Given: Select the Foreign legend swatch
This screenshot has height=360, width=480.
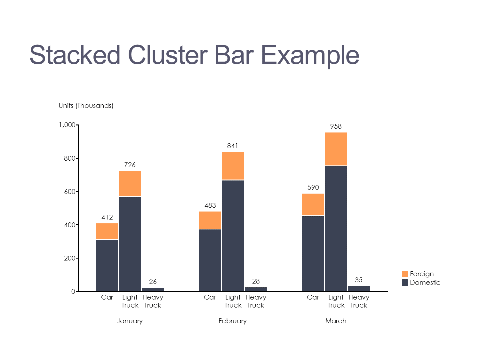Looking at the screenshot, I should pos(405,274).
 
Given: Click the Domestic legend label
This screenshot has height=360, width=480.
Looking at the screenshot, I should pos(425,283).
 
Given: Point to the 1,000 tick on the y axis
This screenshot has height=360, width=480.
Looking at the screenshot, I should pos(67,125).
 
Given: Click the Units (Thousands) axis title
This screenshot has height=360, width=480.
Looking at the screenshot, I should pos(86,106).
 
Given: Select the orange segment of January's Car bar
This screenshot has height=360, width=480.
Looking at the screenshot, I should pos(107,231).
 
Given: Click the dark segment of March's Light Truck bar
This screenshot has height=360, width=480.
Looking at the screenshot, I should pos(336,228).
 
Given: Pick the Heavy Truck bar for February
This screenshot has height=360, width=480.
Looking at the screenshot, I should pos(256,289).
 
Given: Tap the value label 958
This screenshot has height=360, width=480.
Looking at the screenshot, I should pos(336,126).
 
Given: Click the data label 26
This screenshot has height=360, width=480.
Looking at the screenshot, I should pos(153,282).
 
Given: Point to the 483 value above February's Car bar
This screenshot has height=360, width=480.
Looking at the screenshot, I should pos(210,205).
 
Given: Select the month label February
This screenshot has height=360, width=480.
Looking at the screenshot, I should pos(233,321).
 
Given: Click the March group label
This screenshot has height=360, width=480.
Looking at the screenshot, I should pos(336,321).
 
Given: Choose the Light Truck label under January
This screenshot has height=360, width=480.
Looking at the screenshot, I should pos(130,301).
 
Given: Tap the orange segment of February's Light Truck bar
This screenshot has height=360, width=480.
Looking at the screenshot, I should pos(233,166).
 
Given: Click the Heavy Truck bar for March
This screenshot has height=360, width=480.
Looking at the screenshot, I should pos(359,289).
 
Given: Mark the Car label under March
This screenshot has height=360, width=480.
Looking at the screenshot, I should pos(313,297).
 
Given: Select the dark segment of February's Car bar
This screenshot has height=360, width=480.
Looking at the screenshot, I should pos(210,260).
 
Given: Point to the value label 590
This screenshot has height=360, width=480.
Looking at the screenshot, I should pos(313,188).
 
